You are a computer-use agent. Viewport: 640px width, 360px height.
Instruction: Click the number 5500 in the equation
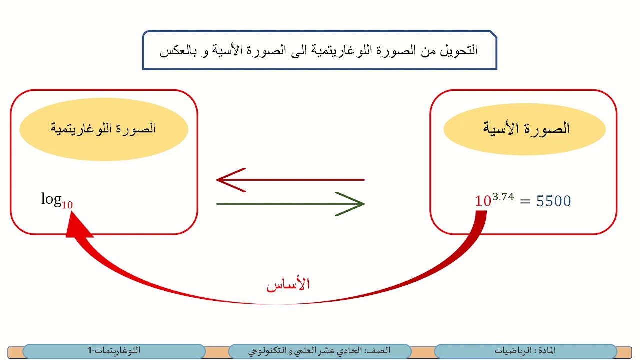553,201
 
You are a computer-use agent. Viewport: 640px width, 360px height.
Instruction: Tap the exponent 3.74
503,196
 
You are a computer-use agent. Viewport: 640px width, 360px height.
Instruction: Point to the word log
51,199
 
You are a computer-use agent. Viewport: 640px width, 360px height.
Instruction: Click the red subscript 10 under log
67,205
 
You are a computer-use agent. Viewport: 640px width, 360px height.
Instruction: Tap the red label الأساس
288,285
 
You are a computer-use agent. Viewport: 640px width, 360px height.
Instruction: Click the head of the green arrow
356,204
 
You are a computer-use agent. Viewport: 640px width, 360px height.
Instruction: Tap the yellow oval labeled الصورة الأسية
524,129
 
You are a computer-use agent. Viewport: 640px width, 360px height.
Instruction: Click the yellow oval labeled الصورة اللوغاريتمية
103,129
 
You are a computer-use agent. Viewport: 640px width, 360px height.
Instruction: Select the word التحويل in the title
460,50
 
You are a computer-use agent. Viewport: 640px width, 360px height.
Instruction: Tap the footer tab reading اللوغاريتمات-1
114,351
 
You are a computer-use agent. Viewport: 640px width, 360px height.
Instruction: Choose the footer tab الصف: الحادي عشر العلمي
320,351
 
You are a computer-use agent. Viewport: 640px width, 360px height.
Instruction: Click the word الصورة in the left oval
136,129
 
